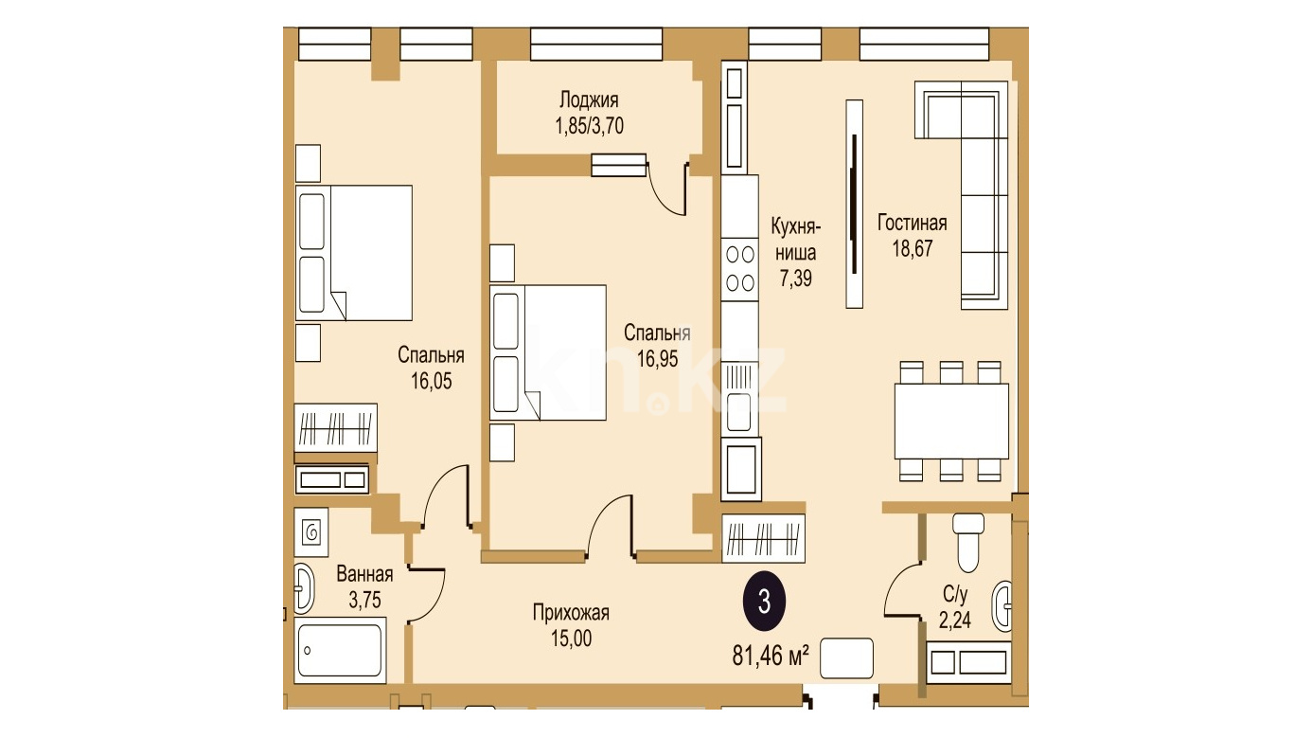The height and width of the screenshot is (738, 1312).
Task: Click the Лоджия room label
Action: (x=589, y=100)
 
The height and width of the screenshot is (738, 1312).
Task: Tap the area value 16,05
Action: (x=431, y=381)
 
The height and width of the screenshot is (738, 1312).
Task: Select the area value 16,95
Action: (x=657, y=359)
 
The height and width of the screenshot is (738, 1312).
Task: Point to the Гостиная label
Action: (x=912, y=223)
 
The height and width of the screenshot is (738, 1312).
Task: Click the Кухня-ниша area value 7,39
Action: (x=795, y=278)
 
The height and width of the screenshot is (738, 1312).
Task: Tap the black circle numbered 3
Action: (x=764, y=602)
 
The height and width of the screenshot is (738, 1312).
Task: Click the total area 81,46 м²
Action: (x=771, y=656)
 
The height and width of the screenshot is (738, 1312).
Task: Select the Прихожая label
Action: (x=571, y=613)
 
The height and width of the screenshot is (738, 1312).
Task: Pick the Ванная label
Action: (x=364, y=574)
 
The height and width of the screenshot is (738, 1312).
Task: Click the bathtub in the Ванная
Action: (x=340, y=650)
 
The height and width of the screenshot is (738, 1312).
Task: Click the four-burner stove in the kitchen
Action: (x=739, y=269)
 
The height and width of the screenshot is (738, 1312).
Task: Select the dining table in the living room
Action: (x=951, y=421)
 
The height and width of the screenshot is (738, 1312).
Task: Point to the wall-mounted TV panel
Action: (x=855, y=204)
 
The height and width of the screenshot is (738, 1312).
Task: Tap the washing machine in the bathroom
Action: (x=311, y=532)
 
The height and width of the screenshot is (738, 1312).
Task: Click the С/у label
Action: (x=955, y=594)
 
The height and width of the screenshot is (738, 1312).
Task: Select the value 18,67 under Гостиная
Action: (x=912, y=248)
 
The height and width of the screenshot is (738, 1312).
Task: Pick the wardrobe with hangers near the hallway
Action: (x=764, y=539)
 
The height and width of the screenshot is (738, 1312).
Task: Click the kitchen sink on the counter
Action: (x=739, y=398)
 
